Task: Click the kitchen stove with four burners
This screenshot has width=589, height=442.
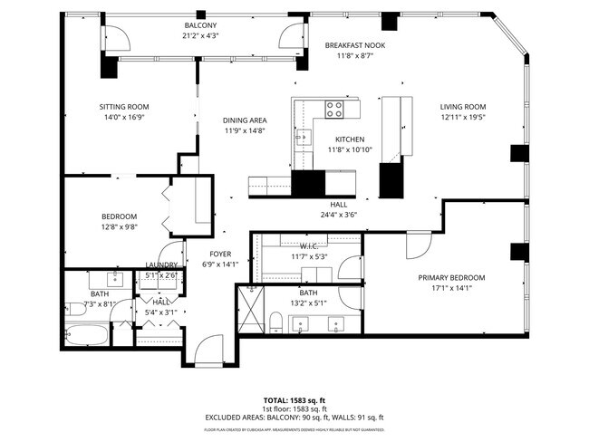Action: click(x=334, y=110)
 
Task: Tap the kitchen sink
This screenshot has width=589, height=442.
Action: click(x=301, y=138)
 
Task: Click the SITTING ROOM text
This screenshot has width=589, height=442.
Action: click(x=123, y=107)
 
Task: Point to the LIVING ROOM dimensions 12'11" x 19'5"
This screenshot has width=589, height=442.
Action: click(x=463, y=116)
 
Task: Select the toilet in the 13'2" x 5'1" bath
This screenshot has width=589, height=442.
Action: click(x=275, y=322)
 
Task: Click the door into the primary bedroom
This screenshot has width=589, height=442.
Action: click(x=420, y=245)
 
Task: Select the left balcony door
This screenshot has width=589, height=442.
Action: click(x=113, y=37)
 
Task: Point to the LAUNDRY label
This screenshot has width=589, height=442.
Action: click(x=161, y=265)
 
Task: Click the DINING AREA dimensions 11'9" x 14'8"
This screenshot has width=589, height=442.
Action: click(x=245, y=130)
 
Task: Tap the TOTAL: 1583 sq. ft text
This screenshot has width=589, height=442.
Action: click(x=294, y=399)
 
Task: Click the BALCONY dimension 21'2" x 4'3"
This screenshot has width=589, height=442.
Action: click(x=201, y=35)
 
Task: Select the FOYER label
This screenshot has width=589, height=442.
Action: click(x=221, y=254)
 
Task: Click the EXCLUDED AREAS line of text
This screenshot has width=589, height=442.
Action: click(x=294, y=418)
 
